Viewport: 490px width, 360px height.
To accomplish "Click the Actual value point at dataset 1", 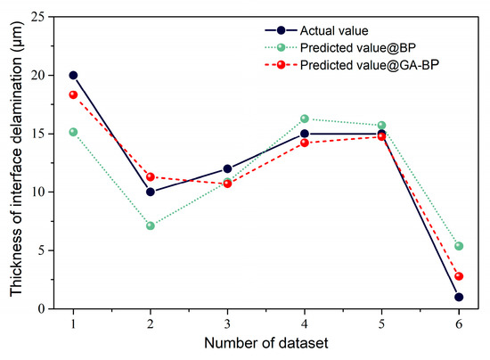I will click(x=72, y=75).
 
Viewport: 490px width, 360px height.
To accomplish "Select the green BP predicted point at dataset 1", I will click(x=72, y=132).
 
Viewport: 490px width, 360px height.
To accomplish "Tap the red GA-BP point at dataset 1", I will click(x=72, y=94).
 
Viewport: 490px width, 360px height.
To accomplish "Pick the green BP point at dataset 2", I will click(x=150, y=225).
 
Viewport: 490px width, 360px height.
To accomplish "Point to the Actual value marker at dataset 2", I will click(x=150, y=192).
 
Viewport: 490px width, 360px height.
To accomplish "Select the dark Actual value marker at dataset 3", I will click(x=227, y=168).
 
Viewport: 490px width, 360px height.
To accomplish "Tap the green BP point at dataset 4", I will click(x=305, y=119).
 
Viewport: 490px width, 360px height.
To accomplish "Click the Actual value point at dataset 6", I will click(x=459, y=297).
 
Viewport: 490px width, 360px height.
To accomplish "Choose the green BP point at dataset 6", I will click(x=459, y=246).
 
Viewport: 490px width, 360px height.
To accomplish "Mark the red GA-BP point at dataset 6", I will click(x=459, y=276).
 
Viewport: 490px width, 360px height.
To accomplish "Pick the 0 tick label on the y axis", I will click(x=40, y=308).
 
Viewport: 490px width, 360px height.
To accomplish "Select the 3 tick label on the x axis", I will click(x=227, y=323).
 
